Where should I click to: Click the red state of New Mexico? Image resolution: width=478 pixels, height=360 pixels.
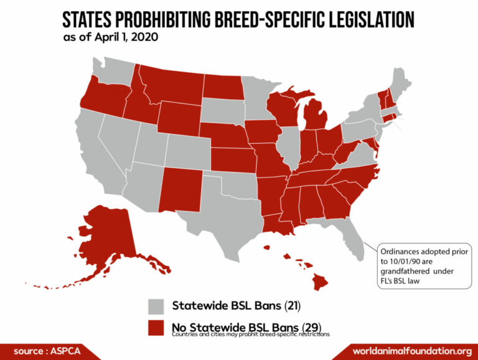(x=180, y=187)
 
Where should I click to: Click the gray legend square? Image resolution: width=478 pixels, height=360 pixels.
(x=157, y=306)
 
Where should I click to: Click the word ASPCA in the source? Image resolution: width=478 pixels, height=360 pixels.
(x=64, y=350)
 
